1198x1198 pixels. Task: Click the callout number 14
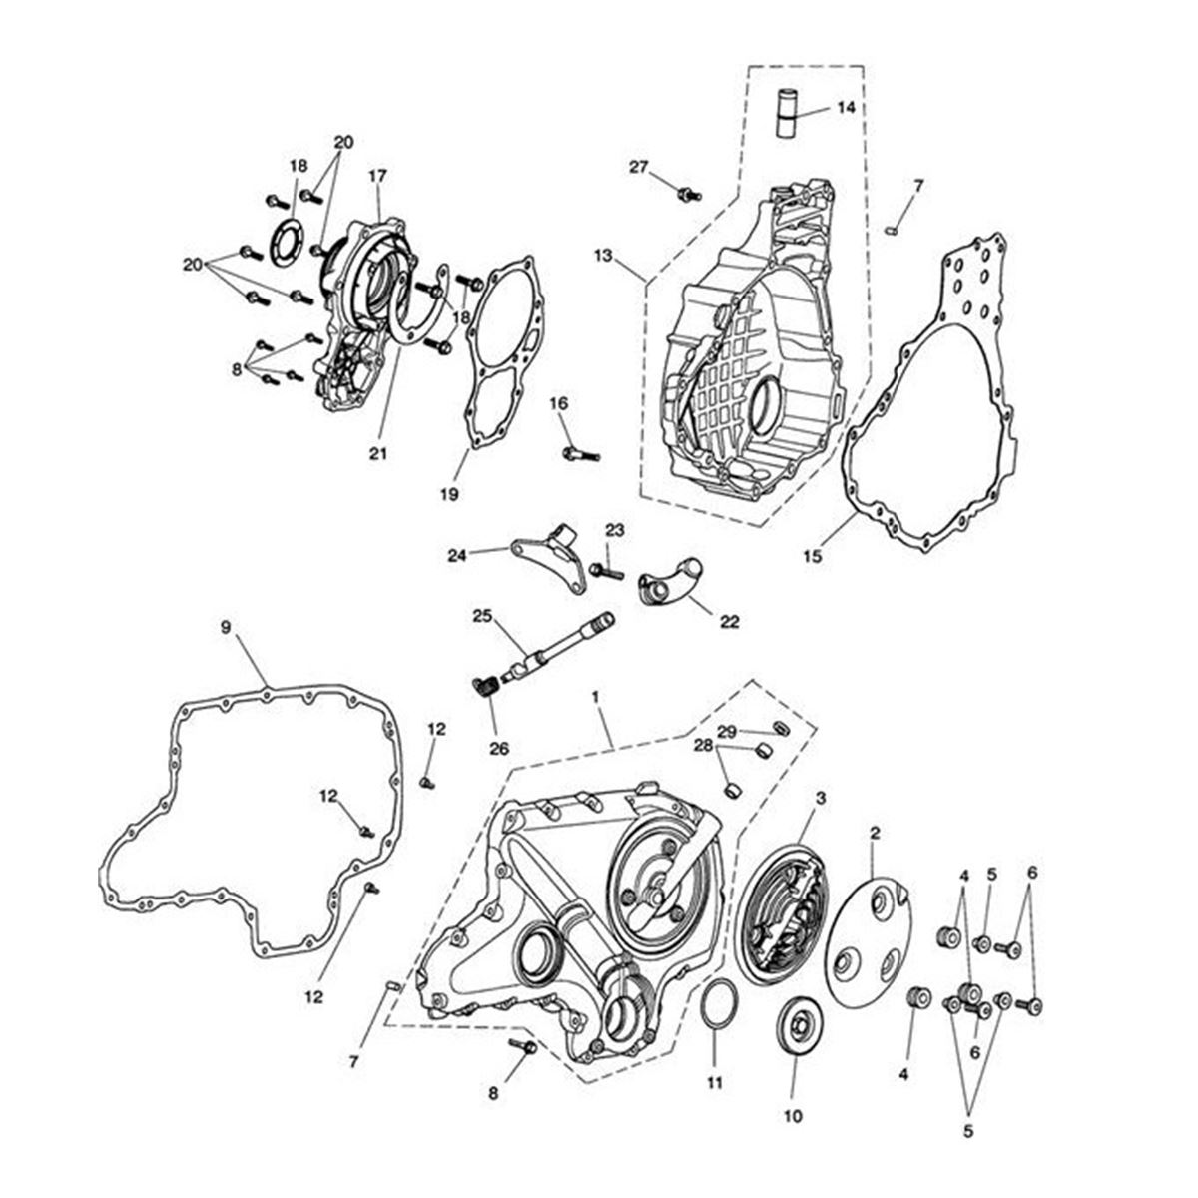[846, 108]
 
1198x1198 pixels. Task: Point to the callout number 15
[813, 555]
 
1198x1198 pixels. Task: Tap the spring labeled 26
[484, 688]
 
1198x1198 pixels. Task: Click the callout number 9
[226, 628]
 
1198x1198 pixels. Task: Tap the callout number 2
[874, 831]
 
